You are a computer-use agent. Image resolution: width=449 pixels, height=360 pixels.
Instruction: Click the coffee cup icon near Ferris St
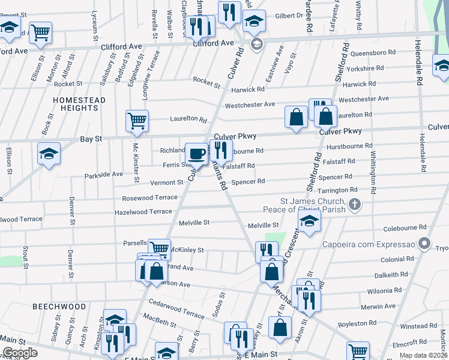(196, 154)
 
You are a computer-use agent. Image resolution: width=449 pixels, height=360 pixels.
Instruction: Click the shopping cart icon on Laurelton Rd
(137, 120)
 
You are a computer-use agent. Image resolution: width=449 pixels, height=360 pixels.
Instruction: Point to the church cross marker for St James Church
(355, 205)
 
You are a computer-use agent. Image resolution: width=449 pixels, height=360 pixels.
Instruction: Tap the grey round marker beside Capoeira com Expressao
(425, 244)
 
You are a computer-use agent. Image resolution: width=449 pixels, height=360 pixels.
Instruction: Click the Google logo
(19, 353)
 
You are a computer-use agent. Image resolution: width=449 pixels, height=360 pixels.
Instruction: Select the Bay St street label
(91, 139)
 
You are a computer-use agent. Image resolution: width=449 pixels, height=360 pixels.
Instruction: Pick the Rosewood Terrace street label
(149, 197)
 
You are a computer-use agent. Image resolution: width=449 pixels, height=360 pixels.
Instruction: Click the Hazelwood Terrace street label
(143, 212)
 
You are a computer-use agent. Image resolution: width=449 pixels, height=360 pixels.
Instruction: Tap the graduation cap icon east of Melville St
(310, 222)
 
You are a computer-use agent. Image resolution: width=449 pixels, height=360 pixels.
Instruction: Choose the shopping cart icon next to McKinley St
(159, 248)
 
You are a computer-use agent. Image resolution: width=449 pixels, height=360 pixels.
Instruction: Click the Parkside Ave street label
(103, 174)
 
